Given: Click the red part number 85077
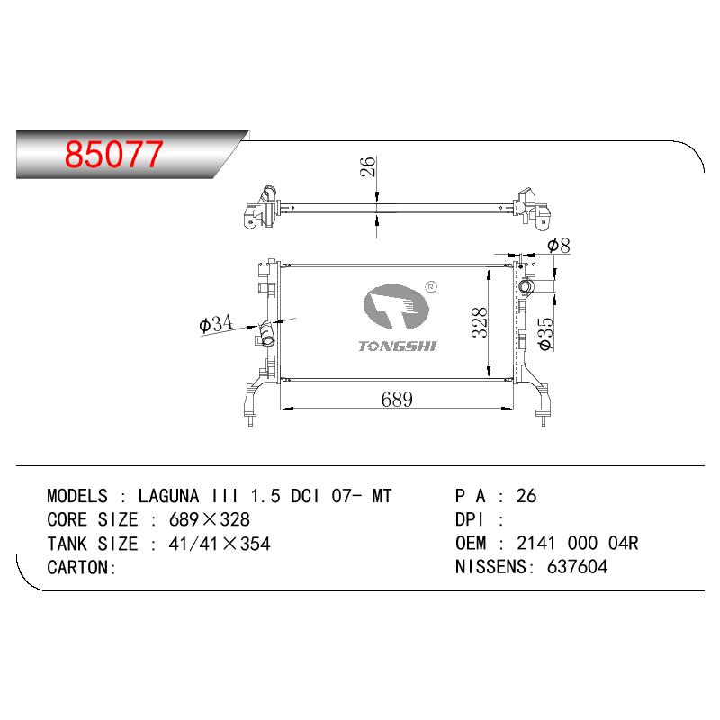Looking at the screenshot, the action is coord(113,154).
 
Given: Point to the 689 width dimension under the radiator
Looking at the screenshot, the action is coord(397,399).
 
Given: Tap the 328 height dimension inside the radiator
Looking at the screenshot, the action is coord(480,322).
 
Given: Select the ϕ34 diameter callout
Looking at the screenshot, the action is coord(216,323).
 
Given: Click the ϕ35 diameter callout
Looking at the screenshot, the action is coord(545,334).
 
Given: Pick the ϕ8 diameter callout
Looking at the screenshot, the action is coord(559,246).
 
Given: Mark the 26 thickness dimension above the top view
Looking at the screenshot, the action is coord(367,166).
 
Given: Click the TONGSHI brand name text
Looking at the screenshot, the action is coord(398,346).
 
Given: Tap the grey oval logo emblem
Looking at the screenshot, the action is coord(395,307).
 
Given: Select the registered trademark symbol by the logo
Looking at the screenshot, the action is coord(431,287).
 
